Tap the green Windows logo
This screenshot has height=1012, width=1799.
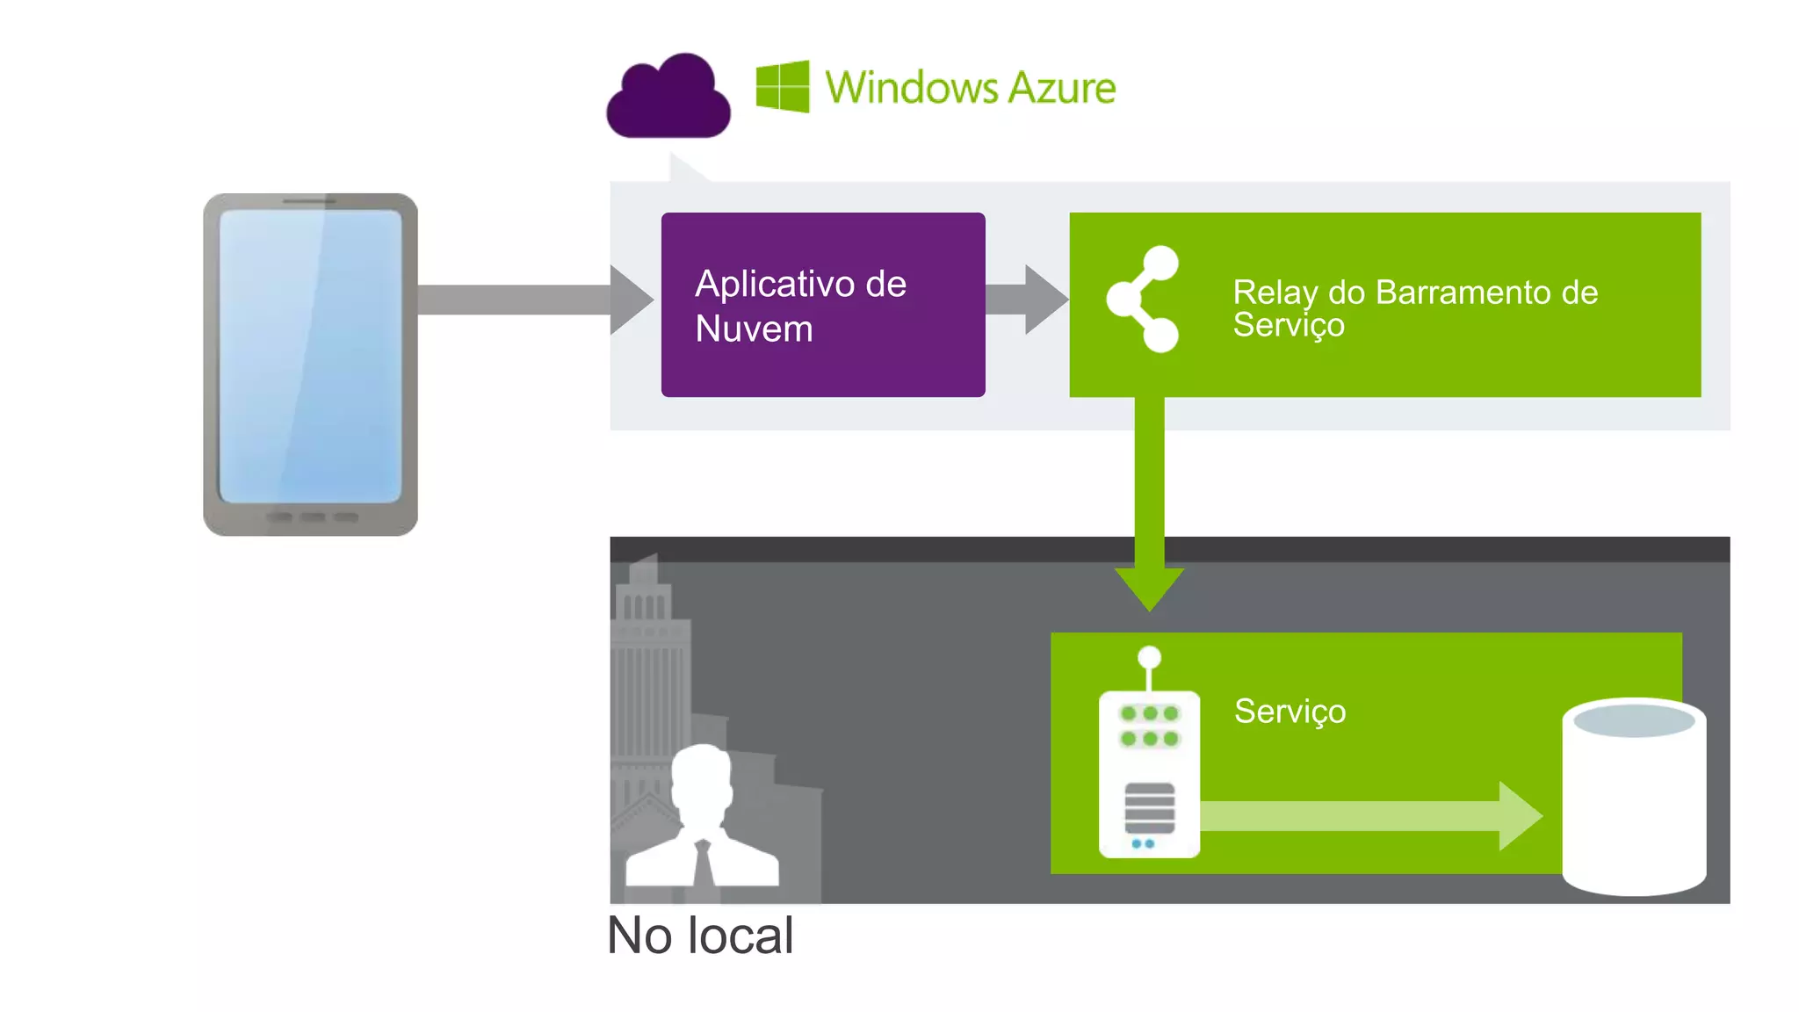pos(782,86)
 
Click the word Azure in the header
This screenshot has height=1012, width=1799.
pos(1061,88)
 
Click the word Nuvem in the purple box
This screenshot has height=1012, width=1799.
pos(754,329)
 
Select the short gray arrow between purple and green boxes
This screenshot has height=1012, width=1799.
pos(1024,300)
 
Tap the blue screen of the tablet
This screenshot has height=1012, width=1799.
pos(310,356)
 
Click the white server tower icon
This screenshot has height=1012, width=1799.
pos(1149,773)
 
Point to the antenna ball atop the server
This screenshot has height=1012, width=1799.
pos(1149,657)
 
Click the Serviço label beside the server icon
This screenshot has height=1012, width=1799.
pos(1290,711)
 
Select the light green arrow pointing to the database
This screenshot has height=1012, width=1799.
pos(1370,816)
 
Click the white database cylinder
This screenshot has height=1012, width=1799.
pos(1634,799)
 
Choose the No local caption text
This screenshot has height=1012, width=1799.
pos(700,936)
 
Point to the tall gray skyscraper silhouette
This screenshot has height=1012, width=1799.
pos(648,668)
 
